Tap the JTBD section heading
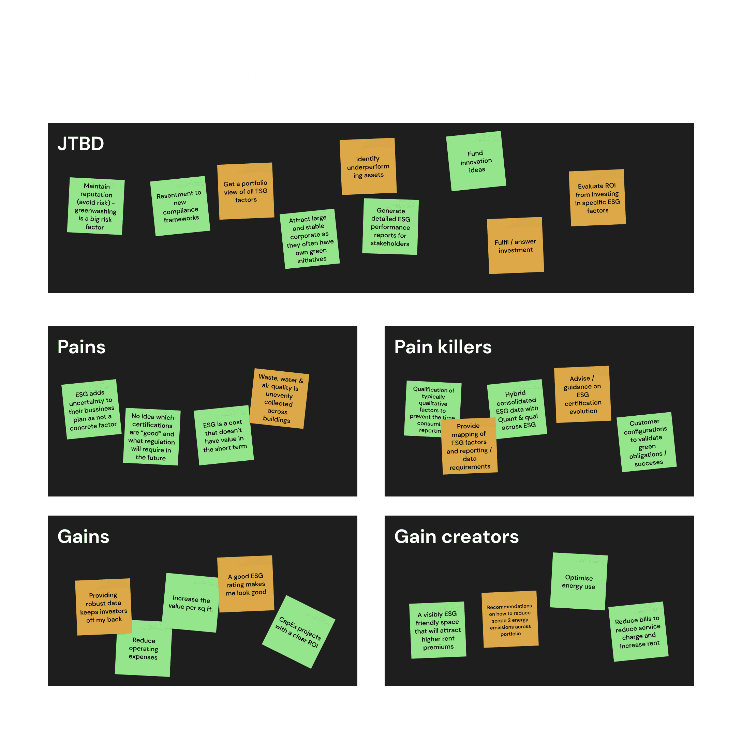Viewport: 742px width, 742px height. point(81,144)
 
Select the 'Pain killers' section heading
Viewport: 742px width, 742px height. point(443,347)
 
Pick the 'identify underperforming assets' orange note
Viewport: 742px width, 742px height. point(368,166)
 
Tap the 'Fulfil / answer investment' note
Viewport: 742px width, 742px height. point(515,246)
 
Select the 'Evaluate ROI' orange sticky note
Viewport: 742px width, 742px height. point(597,198)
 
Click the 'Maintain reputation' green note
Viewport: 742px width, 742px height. point(95,206)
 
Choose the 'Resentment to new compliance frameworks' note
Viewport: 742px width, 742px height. point(180,206)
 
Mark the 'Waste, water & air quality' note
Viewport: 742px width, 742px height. point(279,399)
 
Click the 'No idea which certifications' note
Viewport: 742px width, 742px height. point(152,437)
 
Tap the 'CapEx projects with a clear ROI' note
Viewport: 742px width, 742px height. point(298,632)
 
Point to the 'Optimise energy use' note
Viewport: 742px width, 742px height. point(578,581)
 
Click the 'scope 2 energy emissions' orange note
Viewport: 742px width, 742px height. point(510,620)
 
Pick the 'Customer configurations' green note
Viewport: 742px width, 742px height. point(647,442)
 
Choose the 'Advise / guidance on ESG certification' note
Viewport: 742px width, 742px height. point(583,395)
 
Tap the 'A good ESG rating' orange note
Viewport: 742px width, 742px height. point(246,584)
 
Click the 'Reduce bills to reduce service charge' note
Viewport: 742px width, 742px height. point(638,632)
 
